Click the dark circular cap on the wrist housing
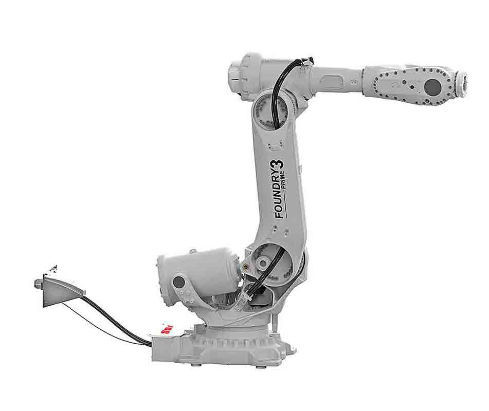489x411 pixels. (433, 86)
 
